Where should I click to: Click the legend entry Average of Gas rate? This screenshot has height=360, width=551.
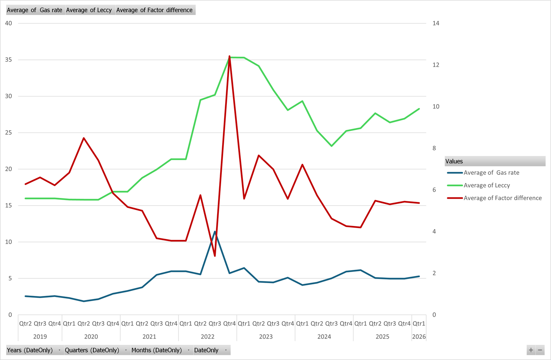[491, 173]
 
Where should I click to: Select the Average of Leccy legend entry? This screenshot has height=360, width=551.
[486, 185]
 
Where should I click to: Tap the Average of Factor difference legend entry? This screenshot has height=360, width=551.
[502, 198]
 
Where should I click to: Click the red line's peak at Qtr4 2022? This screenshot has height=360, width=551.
[229, 56]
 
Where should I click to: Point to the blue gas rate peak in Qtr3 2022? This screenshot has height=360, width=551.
[215, 232]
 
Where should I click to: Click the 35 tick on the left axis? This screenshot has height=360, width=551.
[8, 60]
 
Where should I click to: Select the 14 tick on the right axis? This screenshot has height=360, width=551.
[436, 23]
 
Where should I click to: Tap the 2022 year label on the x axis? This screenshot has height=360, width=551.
[207, 337]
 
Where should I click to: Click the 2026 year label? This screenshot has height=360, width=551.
[419, 337]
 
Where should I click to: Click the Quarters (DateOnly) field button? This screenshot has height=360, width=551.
[96, 350]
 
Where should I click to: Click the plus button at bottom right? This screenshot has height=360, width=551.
[531, 350]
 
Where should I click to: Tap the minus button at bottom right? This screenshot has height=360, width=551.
[540, 350]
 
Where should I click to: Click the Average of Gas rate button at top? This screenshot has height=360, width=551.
[35, 10]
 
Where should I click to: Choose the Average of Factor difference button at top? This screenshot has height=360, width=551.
[154, 10]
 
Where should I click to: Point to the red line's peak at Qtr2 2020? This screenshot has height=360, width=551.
[84, 138]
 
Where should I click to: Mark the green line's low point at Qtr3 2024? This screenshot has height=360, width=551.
[332, 146]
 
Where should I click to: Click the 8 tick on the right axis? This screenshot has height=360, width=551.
[434, 148]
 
